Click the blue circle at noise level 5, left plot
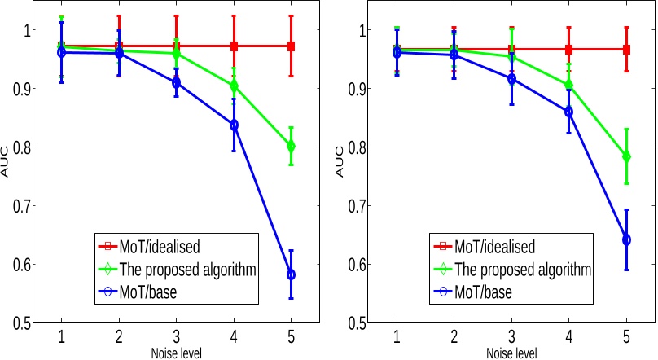(292, 274)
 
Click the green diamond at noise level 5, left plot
(292, 147)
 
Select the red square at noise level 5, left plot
(292, 46)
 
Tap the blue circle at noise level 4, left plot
(235, 125)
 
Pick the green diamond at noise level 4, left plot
(235, 86)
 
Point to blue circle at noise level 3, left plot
(177, 83)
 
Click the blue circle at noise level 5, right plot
(626, 240)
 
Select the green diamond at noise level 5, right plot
(626, 156)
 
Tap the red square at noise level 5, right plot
(626, 50)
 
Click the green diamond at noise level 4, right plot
(569, 85)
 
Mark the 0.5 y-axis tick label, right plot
(355, 323)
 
